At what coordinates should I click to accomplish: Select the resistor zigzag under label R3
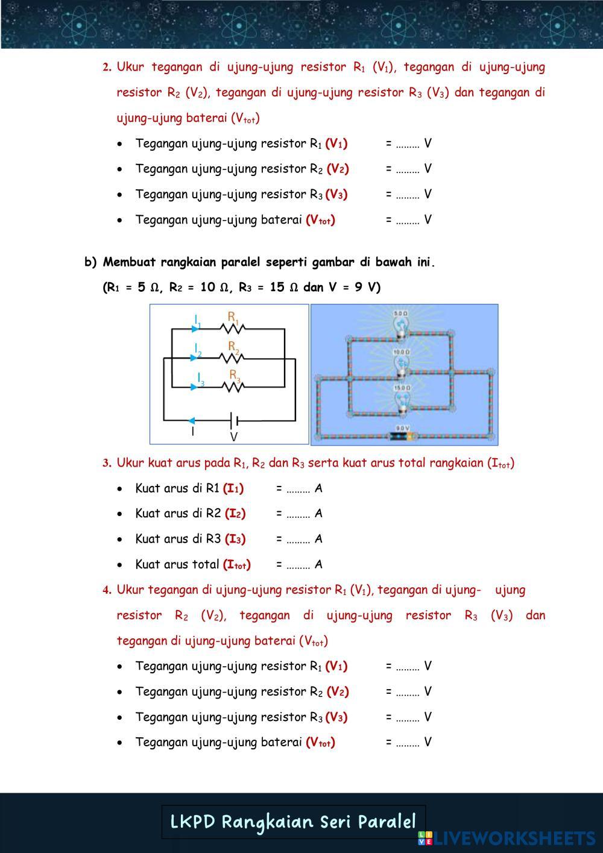233,386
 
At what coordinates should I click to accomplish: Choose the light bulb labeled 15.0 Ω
402,401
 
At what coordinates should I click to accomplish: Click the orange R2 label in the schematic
234,345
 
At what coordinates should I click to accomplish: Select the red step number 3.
106,464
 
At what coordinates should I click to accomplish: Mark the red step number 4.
106,590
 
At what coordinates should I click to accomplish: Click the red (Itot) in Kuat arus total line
236,565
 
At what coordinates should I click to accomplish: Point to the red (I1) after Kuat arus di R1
233,488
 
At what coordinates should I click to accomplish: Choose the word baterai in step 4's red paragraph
275,641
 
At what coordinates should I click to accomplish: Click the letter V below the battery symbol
234,436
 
